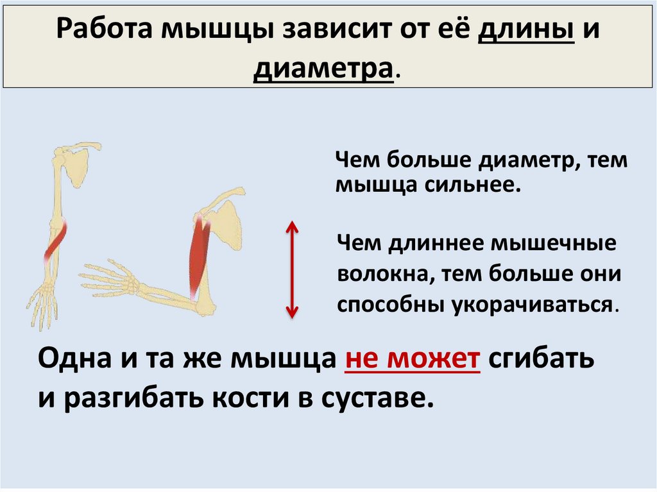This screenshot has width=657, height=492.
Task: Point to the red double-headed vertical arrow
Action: coord(292,269)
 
